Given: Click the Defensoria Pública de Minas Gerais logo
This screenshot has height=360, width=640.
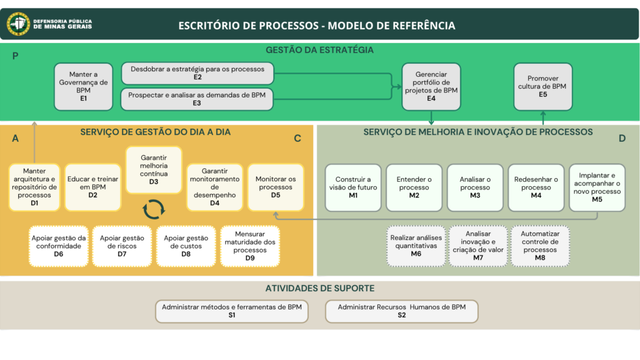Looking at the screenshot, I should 18,24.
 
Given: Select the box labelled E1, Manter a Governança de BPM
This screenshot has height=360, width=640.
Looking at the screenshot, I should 83,86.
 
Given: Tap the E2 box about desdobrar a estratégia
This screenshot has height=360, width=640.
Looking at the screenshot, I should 197,73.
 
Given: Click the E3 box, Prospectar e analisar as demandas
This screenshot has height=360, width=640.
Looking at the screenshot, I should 197,99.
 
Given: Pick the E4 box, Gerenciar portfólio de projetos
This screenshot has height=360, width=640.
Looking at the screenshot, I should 431,86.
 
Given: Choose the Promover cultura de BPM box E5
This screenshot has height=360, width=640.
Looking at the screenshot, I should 542,86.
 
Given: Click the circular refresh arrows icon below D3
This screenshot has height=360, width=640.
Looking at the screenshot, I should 154,209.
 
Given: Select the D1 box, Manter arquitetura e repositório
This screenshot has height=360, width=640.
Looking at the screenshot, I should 34,187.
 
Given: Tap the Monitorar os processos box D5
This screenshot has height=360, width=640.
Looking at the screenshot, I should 276,187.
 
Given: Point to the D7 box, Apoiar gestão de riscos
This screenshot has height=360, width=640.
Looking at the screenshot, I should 122,246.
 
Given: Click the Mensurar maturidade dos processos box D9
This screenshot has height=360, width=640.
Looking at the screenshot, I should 250,246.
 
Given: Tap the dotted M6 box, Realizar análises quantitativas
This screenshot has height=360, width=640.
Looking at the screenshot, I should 416,246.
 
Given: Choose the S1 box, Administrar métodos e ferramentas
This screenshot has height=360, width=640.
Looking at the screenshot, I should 232,311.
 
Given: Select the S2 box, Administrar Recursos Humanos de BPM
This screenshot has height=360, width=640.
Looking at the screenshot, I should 402,311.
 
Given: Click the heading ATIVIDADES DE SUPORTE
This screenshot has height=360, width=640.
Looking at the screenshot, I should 320,288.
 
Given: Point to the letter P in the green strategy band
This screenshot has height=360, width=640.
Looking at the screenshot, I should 15,56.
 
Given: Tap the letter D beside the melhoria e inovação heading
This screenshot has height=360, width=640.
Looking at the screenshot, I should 622,139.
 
